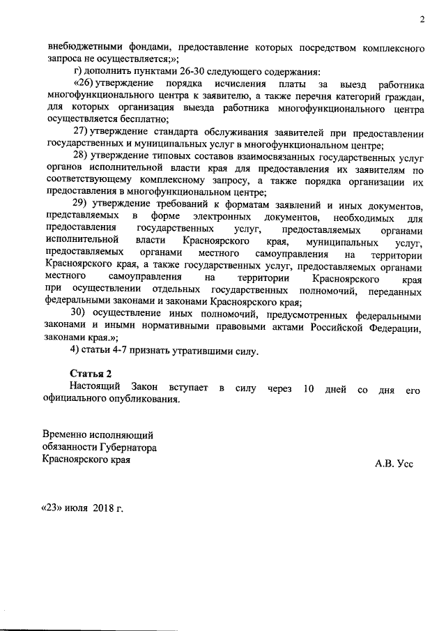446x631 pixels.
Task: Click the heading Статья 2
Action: coord(90,374)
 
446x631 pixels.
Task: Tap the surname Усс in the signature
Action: coord(404,463)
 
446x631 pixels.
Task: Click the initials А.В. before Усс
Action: coord(384,463)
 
